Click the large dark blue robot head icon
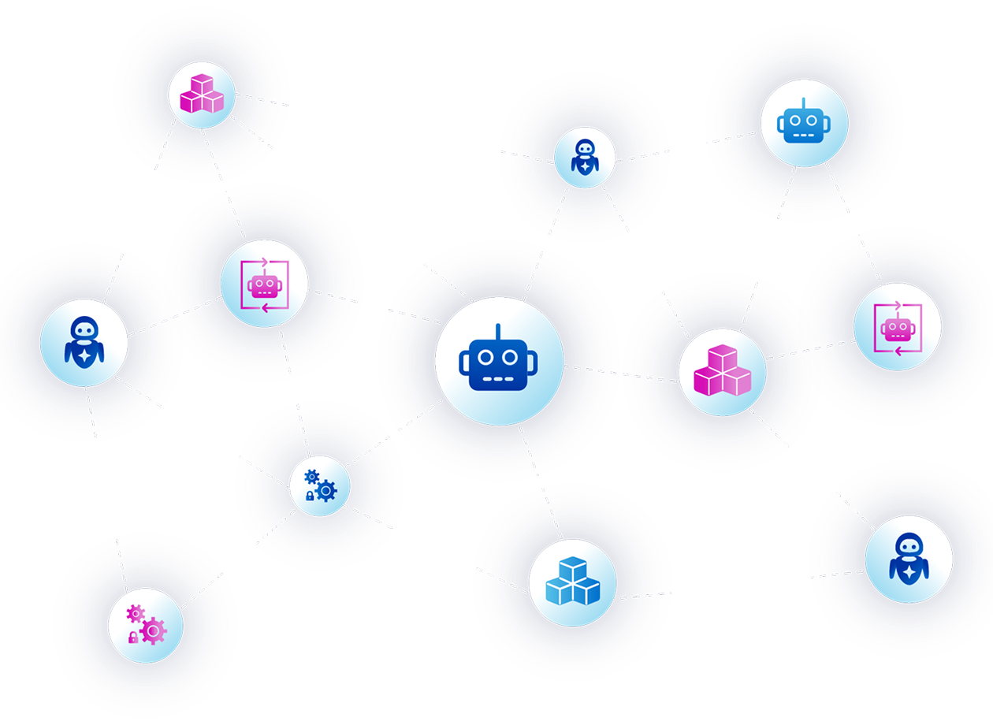coord(498,361)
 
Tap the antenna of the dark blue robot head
coord(498,330)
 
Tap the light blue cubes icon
coord(573,582)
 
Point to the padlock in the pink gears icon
coord(132,637)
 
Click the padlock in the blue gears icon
coord(310,496)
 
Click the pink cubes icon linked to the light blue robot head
coord(722,370)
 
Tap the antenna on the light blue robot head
coord(804,103)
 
